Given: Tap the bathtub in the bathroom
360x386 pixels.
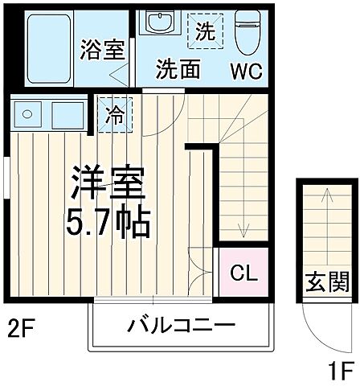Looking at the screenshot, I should pos(49,50).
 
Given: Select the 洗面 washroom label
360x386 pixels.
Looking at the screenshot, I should pos(178,69).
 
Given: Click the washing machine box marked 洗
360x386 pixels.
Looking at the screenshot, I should pos(205,33).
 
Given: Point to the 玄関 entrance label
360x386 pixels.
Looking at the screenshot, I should pos(327,282).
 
